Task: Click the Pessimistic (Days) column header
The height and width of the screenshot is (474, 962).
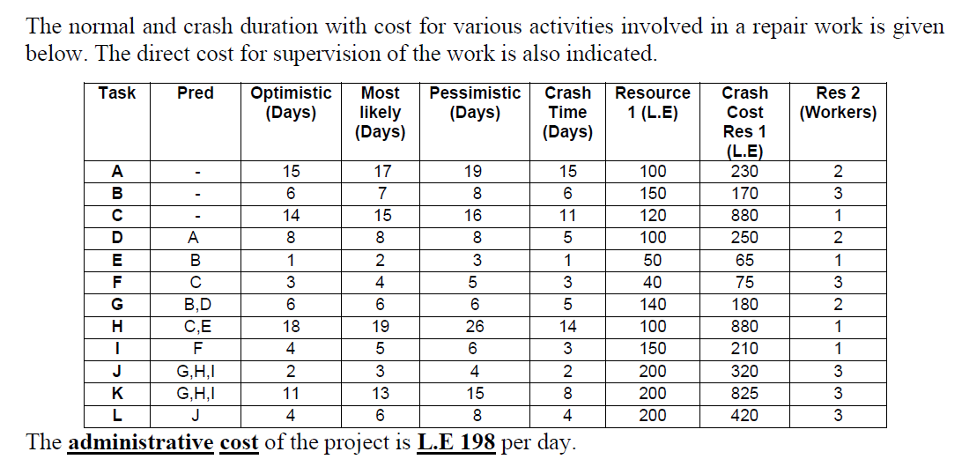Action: coord(475,102)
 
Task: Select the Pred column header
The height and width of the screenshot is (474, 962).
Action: coord(195,93)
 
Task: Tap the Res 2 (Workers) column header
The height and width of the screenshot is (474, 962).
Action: coord(837,102)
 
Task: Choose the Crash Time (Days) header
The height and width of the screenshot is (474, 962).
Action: coord(567,112)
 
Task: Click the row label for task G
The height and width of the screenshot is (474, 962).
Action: coord(116,304)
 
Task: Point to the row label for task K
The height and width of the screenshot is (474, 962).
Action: coord(116,393)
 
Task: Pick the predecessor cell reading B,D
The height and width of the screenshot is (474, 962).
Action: coord(195,304)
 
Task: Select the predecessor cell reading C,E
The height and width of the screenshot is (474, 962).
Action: coord(195,327)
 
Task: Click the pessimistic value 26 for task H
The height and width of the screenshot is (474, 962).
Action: coord(475,327)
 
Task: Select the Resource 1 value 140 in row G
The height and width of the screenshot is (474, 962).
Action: coord(652,304)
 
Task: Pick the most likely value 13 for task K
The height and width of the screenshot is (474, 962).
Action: coord(380,393)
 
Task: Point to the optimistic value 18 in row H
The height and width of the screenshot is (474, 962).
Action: coord(290,327)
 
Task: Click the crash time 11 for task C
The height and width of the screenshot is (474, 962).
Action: coord(567,215)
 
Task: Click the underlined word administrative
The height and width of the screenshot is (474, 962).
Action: coord(141,442)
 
